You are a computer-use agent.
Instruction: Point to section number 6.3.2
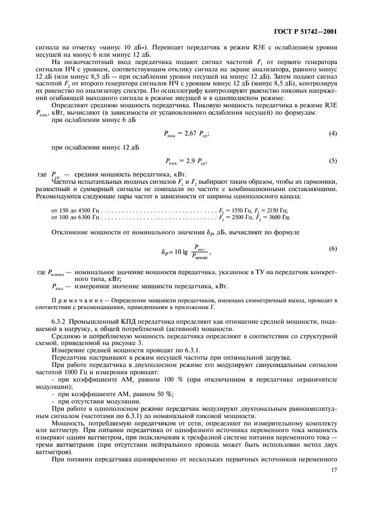click(x=61, y=320)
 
